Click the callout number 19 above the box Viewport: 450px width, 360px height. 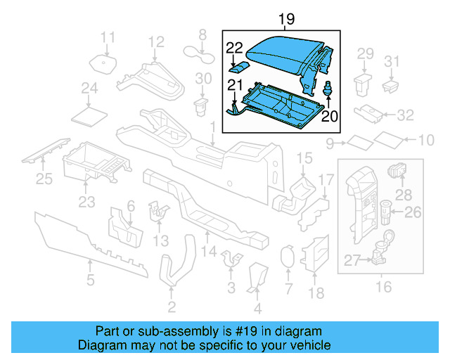tap(285, 19)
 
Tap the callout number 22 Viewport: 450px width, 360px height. tap(235, 48)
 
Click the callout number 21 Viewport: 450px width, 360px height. tap(233, 86)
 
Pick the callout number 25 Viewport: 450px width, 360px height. tap(44, 179)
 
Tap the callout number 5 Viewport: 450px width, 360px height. tap(90, 281)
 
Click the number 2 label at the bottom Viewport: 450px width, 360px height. tap(171, 306)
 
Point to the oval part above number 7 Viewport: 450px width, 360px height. tap(287, 257)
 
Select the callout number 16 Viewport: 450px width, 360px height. tap(384, 285)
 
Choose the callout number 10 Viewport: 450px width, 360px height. tap(426, 141)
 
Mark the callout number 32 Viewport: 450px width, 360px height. tap(406, 114)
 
